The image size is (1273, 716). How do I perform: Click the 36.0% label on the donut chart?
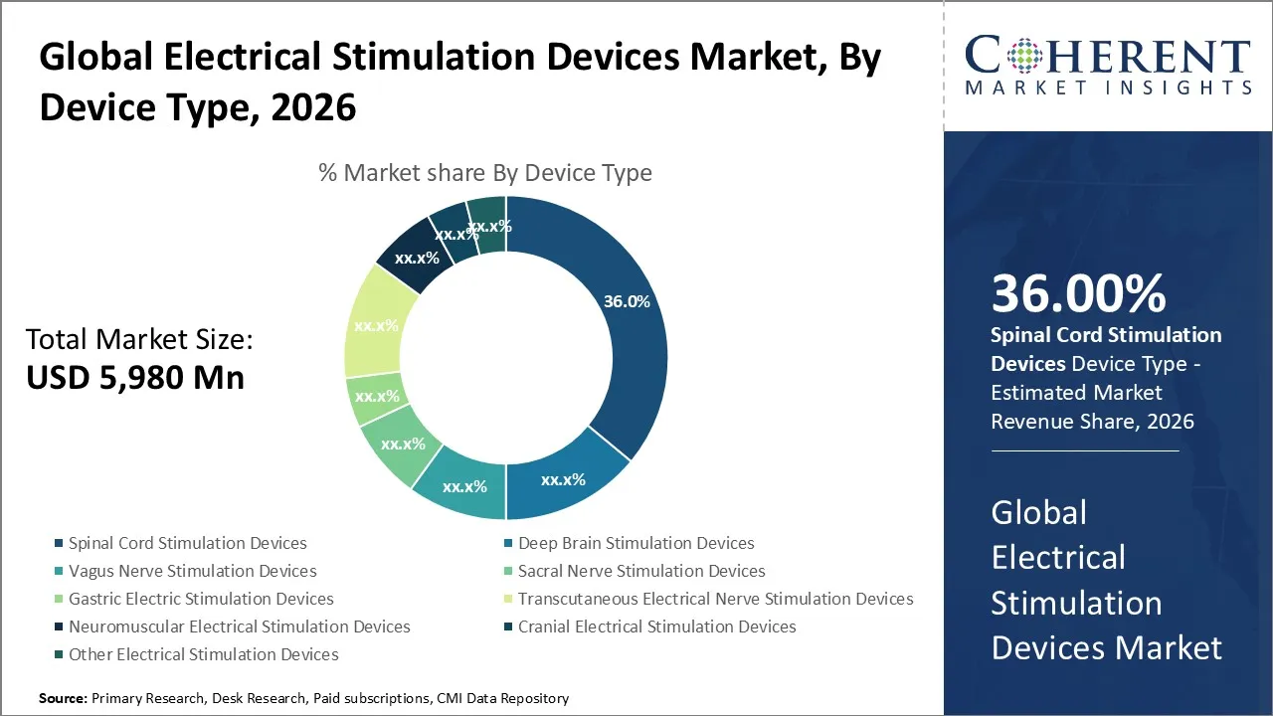click(x=627, y=301)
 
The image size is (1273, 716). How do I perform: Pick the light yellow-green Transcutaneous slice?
click(x=376, y=325)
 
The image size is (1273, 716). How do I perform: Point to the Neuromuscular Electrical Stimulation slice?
click(x=416, y=258)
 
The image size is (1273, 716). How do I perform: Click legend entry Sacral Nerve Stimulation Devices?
click(x=641, y=571)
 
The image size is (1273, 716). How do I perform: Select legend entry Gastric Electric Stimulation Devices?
click(x=201, y=599)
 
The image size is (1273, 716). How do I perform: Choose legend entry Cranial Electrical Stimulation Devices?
click(x=656, y=626)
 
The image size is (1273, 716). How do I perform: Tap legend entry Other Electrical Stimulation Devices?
click(x=203, y=654)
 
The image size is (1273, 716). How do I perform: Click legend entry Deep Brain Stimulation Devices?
click(x=636, y=543)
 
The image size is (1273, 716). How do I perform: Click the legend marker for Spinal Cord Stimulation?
click(x=60, y=543)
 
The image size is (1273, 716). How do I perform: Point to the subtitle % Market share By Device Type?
click(x=485, y=173)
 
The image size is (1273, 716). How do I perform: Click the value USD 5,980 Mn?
click(x=134, y=378)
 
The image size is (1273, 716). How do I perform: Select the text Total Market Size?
click(x=139, y=340)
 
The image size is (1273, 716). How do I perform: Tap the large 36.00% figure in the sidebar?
click(x=1078, y=294)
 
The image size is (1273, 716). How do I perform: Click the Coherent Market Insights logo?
click(x=1107, y=66)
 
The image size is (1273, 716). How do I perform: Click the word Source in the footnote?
click(x=63, y=698)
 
